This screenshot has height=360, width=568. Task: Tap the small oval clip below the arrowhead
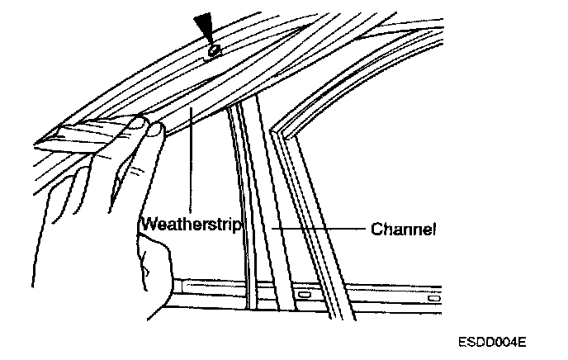pyautogui.click(x=213, y=51)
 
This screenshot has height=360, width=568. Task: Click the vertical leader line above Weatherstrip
pyautogui.click(x=192, y=165)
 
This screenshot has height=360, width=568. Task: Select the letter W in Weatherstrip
pyautogui.click(x=147, y=225)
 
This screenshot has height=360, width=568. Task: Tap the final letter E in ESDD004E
pyautogui.click(x=523, y=341)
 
